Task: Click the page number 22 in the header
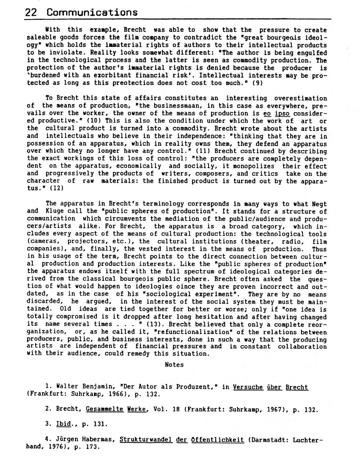coord(31,13)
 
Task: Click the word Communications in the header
coord(92,13)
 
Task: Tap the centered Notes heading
coord(174,365)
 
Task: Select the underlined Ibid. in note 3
coord(64,424)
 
